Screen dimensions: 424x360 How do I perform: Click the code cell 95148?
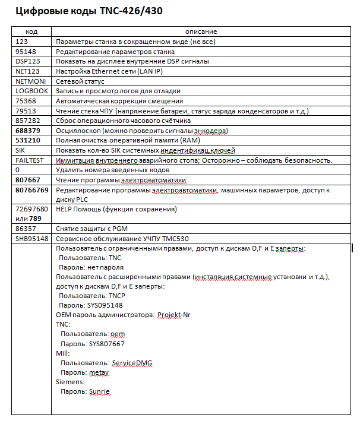(x=26, y=52)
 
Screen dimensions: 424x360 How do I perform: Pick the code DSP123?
(x=27, y=61)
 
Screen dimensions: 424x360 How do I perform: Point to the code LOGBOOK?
(x=30, y=91)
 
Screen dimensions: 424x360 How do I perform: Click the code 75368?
(x=26, y=101)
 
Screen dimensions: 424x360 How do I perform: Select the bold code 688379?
(x=28, y=130)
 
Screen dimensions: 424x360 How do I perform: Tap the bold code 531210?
(x=28, y=140)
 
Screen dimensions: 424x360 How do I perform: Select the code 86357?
(x=26, y=229)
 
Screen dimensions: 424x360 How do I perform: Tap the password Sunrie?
(x=100, y=392)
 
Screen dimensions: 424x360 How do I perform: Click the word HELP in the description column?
(x=63, y=209)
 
